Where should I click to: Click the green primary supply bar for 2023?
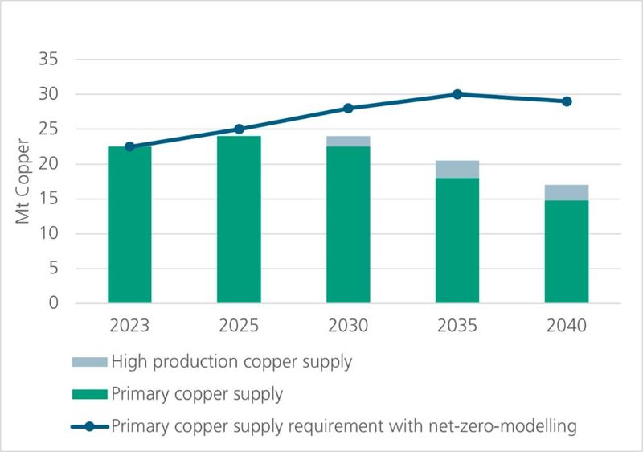point(129,225)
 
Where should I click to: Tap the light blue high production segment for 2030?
point(348,142)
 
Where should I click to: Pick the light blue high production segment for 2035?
point(457,169)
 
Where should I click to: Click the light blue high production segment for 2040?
point(567,193)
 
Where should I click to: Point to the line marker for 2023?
point(129,146)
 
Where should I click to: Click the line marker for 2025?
point(239,129)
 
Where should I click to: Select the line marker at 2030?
point(348,108)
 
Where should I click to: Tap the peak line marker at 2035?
point(457,94)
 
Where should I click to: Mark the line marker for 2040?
point(567,101)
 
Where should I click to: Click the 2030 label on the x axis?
point(348,327)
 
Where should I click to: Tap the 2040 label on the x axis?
point(567,327)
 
